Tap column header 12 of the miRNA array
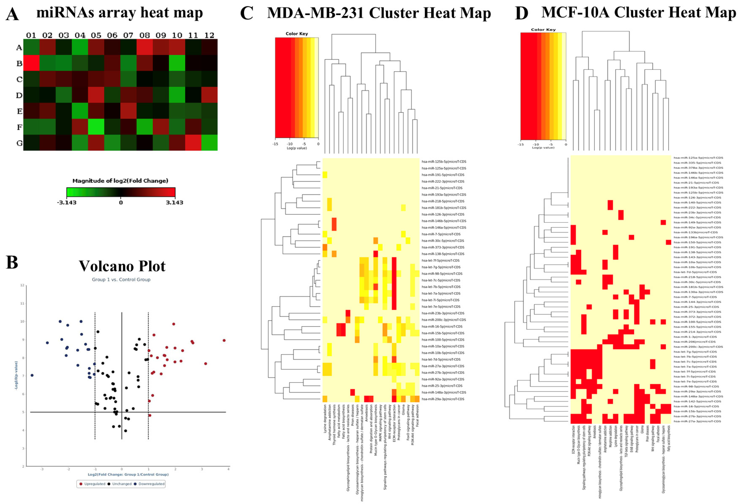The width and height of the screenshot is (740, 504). [x=209, y=35]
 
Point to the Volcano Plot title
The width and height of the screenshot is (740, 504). [x=122, y=266]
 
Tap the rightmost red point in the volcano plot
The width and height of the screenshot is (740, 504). [x=224, y=340]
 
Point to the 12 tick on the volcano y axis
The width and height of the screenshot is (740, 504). [x=22, y=285]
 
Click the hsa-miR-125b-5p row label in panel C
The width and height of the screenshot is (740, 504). [x=444, y=162]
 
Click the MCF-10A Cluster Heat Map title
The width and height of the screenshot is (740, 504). [x=638, y=13]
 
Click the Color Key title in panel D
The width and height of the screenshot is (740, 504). [x=543, y=30]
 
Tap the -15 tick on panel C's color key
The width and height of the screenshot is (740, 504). [x=275, y=144]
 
